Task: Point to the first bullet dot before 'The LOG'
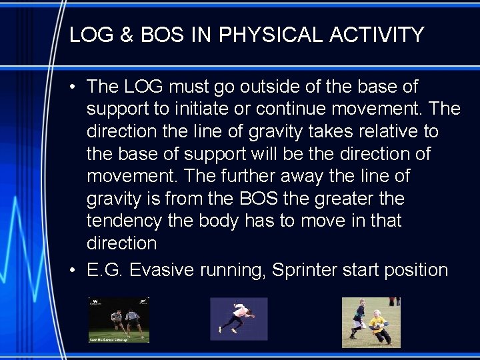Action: [77, 87]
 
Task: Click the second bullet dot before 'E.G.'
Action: [77, 271]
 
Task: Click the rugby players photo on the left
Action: [119, 320]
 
